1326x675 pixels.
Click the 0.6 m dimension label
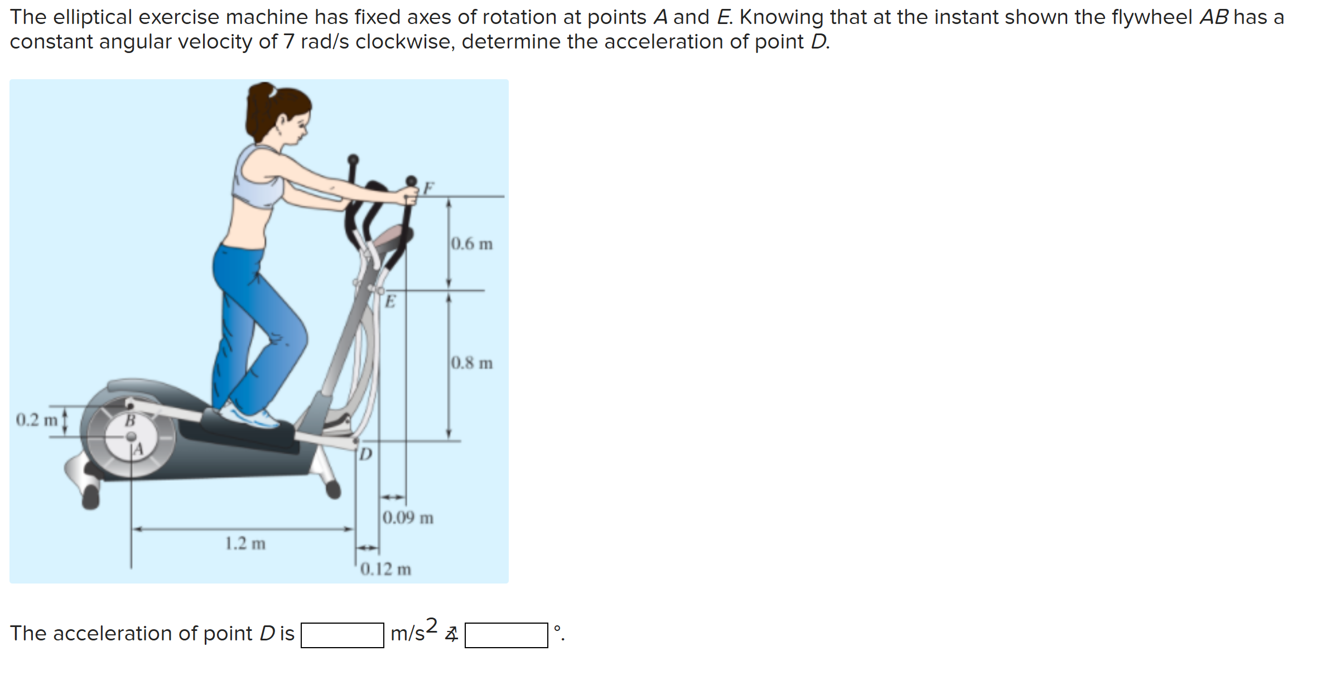click(471, 244)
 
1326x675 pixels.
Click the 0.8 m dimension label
click(471, 363)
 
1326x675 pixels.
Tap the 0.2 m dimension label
click(36, 420)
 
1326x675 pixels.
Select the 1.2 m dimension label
click(245, 543)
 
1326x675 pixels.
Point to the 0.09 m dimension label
click(408, 518)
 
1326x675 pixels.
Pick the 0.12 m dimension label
click(385, 569)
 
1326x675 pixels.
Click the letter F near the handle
click(428, 187)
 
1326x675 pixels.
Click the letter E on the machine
click(390, 301)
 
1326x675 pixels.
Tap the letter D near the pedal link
click(365, 455)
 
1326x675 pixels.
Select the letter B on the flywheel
click(129, 421)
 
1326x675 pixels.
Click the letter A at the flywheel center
click(138, 449)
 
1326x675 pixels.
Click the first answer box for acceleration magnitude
click(342, 635)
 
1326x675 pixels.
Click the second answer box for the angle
click(506, 635)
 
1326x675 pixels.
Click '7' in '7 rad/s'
click(288, 42)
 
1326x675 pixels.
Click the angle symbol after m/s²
click(451, 634)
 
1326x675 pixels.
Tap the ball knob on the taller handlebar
click(353, 160)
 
